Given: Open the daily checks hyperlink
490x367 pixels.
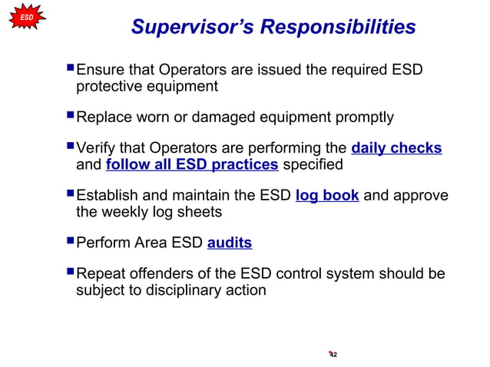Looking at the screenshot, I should tap(396, 148).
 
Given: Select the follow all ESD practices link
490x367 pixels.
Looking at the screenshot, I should tap(193, 164).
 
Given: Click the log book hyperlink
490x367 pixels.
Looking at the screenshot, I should tap(327, 195).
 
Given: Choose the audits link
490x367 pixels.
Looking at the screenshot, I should tap(230, 243).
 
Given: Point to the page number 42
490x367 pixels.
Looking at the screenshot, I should tap(333, 354).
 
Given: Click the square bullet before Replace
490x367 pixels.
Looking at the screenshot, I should tap(70, 117).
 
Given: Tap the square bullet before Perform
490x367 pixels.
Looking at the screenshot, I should tap(70, 242).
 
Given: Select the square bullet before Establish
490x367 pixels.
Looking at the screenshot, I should tap(70, 194).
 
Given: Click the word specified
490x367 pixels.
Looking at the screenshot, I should tap(312, 164).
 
